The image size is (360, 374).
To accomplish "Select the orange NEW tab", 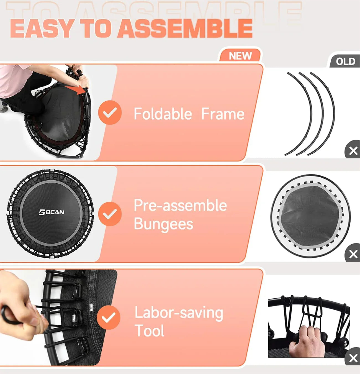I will [240, 56].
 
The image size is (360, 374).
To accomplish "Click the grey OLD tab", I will [345, 61].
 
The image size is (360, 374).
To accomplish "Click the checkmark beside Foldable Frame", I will [110, 112].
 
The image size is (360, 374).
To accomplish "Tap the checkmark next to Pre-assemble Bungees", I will [110, 214].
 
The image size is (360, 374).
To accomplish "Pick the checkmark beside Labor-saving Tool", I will [109, 317].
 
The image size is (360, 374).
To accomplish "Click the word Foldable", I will [163, 114].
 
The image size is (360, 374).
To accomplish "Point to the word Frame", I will [223, 114].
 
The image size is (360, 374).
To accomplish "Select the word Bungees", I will [163, 224].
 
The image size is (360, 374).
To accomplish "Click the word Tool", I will [149, 331].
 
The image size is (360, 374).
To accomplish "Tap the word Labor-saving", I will [179, 312].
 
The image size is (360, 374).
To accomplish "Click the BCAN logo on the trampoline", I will [52, 212].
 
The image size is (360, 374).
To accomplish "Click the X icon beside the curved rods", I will [353, 151].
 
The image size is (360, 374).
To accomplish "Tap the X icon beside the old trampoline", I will [353, 254].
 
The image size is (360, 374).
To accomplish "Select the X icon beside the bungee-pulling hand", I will [353, 358].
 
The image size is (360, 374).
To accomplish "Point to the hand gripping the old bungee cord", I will [303, 339].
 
